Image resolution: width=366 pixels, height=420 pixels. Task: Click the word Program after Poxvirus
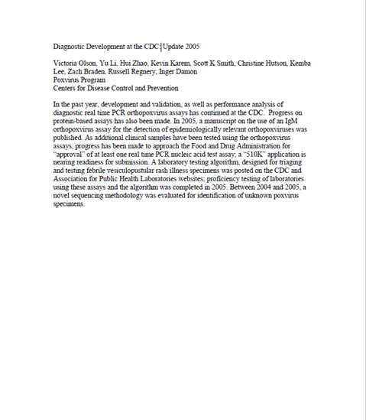coord(93,79)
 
